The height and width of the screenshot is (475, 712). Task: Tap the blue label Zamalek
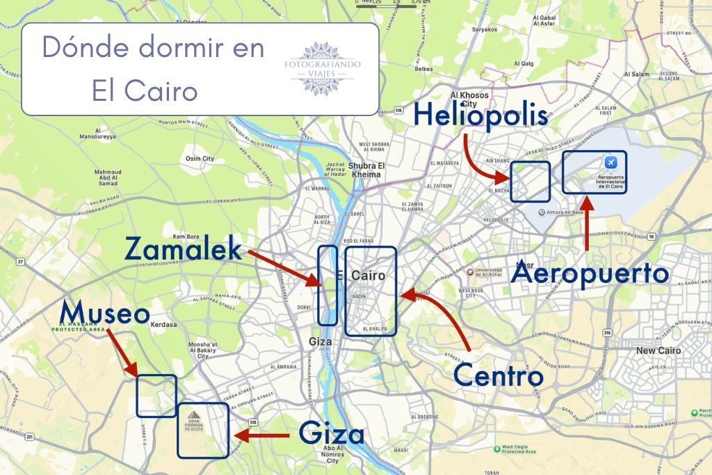(x=184, y=248)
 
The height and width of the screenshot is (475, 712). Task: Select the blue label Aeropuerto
(x=590, y=273)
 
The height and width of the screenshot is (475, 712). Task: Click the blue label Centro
(x=498, y=376)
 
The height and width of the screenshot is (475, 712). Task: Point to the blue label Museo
(x=104, y=314)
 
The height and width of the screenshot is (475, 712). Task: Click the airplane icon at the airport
(x=610, y=163)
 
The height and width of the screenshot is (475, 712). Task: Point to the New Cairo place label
(x=656, y=351)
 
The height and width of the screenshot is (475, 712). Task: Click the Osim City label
(x=200, y=159)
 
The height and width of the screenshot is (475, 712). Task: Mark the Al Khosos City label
(x=469, y=99)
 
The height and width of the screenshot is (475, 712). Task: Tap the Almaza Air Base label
(x=563, y=210)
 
